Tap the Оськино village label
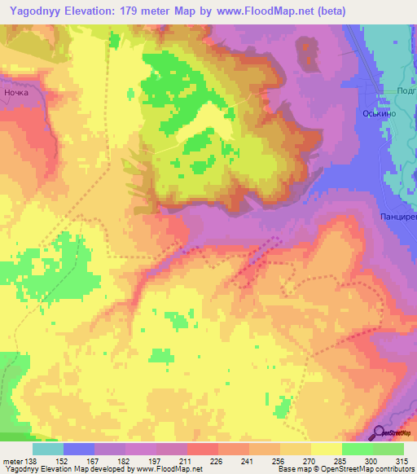point(378,114)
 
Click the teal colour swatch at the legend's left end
point(47,449)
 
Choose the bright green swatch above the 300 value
point(357,449)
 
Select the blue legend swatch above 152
point(79,449)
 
